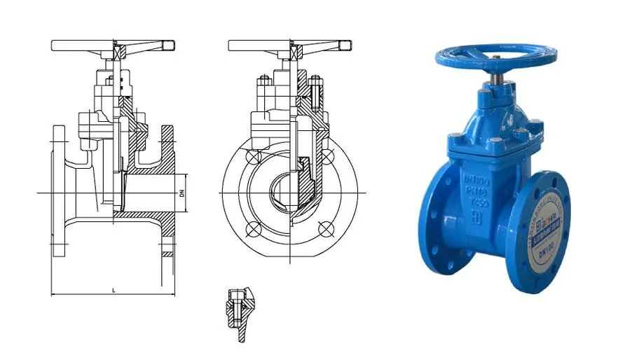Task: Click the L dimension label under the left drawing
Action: [113, 289]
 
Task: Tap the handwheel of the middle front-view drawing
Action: [289, 46]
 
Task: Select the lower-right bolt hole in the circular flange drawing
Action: [324, 228]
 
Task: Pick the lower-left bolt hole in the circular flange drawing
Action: [253, 228]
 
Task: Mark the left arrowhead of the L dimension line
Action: [54, 294]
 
